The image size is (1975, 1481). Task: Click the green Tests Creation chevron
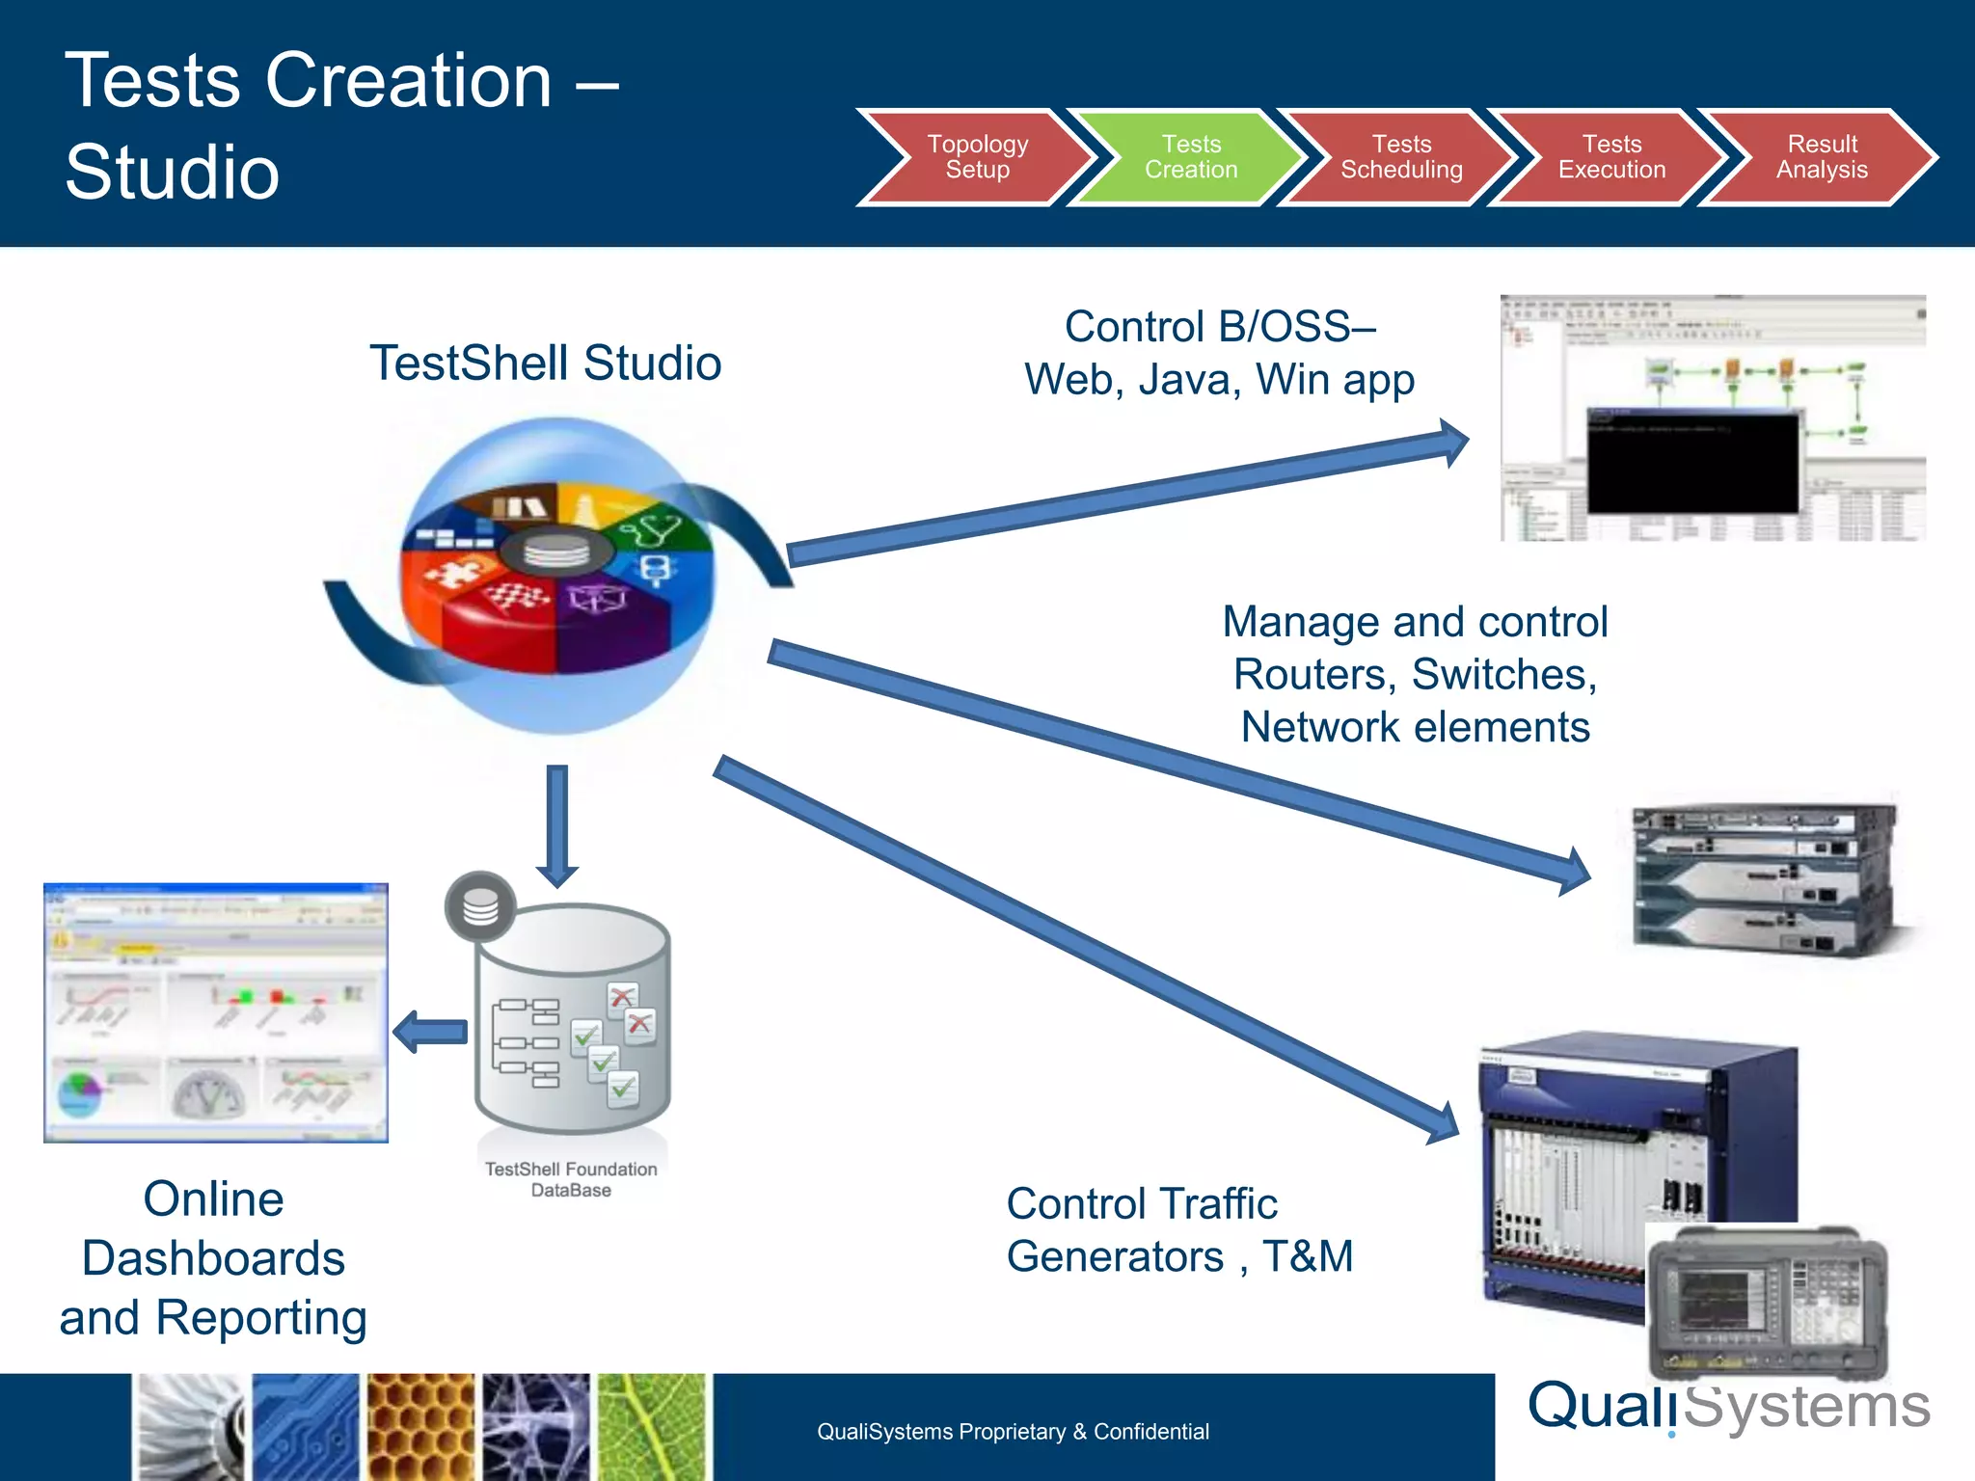(x=1191, y=157)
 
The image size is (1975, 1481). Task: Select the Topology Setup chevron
(x=977, y=157)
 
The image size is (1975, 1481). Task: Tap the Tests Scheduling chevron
(x=1401, y=157)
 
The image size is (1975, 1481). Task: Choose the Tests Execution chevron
(x=1611, y=157)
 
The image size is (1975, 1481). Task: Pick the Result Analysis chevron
(x=1822, y=157)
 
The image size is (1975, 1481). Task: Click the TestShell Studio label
(x=545, y=364)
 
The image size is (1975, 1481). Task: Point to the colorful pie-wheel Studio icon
(x=557, y=576)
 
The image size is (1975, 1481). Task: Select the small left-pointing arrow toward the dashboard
(x=430, y=1032)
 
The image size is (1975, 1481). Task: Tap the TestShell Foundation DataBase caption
(x=571, y=1179)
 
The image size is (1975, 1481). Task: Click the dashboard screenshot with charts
(x=216, y=1012)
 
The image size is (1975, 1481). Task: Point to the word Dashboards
(x=213, y=1258)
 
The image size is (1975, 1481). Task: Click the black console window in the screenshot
(x=1692, y=461)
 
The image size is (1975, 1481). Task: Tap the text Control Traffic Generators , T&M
(x=1178, y=1230)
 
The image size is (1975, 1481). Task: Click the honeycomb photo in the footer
(x=420, y=1427)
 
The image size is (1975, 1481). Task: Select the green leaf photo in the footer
(x=652, y=1427)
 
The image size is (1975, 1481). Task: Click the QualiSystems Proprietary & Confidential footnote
(x=1013, y=1432)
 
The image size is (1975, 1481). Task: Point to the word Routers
(x=1313, y=675)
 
